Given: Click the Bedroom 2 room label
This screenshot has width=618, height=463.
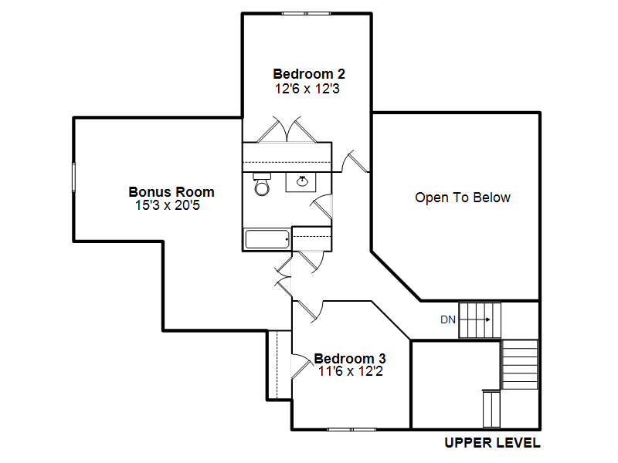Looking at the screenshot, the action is [308, 73].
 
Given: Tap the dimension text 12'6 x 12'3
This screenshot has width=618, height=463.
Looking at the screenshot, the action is [307, 89].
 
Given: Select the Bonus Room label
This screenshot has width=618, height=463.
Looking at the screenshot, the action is [171, 191].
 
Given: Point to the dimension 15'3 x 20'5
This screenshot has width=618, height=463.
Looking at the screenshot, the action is [168, 205].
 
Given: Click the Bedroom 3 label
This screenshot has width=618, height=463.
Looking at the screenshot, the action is [350, 358].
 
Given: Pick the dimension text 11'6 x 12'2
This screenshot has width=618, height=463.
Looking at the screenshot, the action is [351, 371].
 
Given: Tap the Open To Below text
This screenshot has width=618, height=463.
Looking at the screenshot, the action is [463, 198].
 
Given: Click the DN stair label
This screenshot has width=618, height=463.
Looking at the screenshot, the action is [448, 319].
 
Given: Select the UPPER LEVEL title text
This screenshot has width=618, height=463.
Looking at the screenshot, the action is [492, 443].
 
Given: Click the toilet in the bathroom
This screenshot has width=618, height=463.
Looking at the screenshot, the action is [262, 184].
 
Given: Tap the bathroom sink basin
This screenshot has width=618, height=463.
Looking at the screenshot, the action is [302, 181].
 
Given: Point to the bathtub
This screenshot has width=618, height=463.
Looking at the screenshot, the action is [267, 239].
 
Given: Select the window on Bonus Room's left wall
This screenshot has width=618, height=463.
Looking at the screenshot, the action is [73, 177].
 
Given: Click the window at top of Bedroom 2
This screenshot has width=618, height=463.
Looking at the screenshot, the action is [306, 13].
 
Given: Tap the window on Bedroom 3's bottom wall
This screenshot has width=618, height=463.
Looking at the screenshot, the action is [351, 430].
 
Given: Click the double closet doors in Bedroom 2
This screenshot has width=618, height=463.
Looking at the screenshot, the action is [287, 130].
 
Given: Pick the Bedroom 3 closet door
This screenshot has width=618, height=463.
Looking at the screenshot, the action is [301, 366].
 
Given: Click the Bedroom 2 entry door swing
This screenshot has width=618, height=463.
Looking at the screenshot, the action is [355, 161].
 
